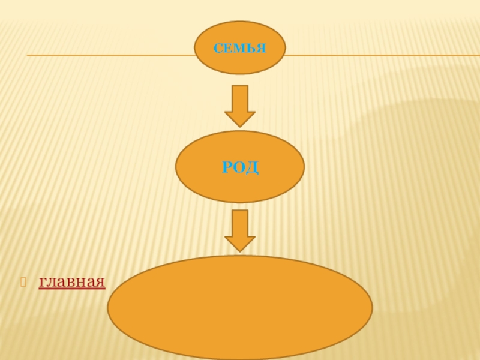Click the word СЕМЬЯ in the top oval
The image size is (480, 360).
240,47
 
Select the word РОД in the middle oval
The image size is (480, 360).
240,167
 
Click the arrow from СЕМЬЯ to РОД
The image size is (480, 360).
240,106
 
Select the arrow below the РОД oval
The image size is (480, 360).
240,230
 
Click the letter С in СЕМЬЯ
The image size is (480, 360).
218,47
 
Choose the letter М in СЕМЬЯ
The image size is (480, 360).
239,47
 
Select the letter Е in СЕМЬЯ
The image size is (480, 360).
228,47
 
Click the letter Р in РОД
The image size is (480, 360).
227,167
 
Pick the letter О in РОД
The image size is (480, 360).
239,167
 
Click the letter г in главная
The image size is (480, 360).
43,282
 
